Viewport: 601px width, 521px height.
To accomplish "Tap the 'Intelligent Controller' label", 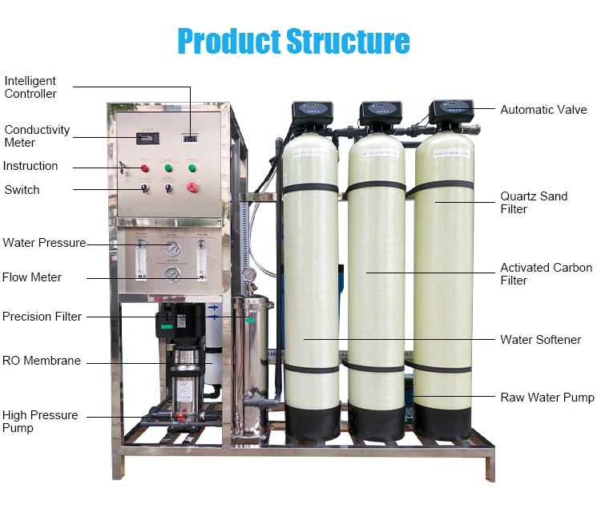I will (30, 87).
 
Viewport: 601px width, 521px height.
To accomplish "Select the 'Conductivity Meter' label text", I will (37, 136).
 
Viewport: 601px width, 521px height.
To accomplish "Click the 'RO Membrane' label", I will (42, 361).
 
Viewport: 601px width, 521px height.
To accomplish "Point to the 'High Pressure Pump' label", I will (40, 422).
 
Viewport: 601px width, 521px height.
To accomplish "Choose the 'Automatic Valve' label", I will (543, 110).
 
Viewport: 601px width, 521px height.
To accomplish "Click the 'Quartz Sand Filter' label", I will (534, 203).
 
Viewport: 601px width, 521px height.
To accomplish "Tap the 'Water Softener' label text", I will (541, 340).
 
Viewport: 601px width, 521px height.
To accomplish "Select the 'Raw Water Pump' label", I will (547, 398).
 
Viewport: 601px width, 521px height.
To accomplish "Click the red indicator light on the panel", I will (145, 168).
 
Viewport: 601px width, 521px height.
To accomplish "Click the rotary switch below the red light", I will (145, 188).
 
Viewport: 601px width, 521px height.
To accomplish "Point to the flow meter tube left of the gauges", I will (142, 256).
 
